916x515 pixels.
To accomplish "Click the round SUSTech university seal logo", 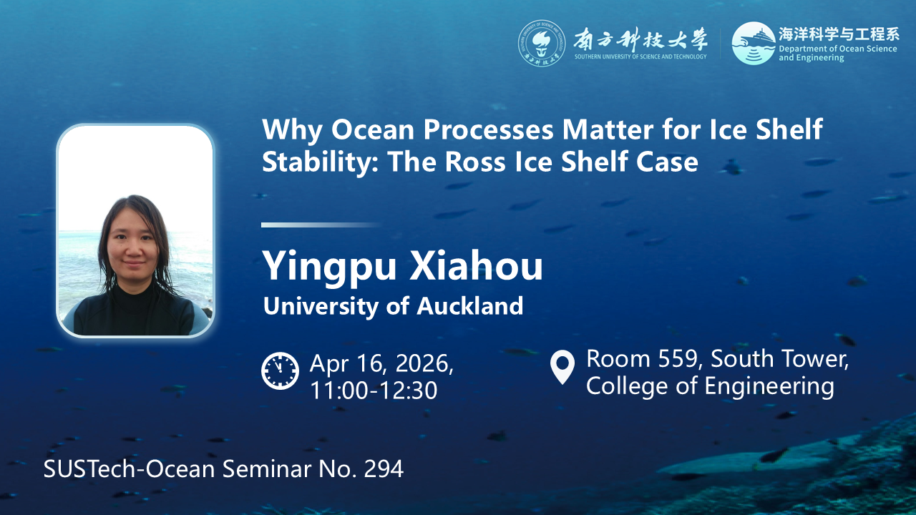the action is click(x=542, y=44).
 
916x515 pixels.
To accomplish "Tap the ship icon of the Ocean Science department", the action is click(x=754, y=43).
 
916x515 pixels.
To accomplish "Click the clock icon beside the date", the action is click(x=280, y=371).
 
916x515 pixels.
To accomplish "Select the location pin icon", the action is click(x=562, y=367).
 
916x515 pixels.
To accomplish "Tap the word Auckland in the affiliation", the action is click(x=470, y=305).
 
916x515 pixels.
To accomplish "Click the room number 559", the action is click(x=678, y=358).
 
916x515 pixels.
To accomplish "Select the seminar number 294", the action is click(x=384, y=469).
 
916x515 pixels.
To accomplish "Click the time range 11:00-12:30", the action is click(x=374, y=390).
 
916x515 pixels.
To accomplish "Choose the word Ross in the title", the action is click(x=474, y=162).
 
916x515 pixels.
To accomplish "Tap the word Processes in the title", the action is click(x=489, y=129).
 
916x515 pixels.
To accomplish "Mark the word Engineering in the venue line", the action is click(x=769, y=387).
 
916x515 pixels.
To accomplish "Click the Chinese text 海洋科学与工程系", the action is click(x=839, y=34).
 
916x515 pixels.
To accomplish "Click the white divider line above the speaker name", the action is click(x=321, y=225).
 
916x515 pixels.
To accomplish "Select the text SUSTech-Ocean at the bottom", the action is click(x=130, y=469).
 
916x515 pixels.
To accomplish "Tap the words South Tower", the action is click(x=780, y=358).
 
